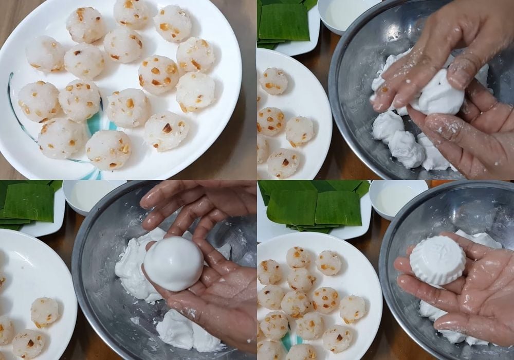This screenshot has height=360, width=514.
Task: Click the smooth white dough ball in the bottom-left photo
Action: [174, 263]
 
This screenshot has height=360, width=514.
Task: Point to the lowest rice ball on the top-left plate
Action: [108, 149]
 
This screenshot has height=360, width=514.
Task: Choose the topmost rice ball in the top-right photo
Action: [273, 81]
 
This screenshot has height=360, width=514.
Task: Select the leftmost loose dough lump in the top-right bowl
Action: [388, 127]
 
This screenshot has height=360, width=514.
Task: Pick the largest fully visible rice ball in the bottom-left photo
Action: [45, 312]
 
